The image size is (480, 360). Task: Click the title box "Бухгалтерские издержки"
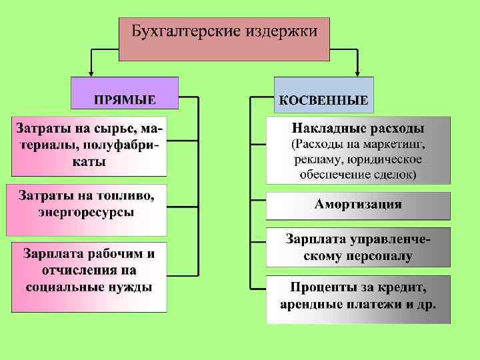click(x=224, y=39)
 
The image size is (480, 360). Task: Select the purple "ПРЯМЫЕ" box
click(x=125, y=93)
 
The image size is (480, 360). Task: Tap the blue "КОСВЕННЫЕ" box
click(x=324, y=94)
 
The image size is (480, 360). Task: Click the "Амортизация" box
click(x=358, y=205)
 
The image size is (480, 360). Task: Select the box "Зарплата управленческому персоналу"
click(x=358, y=247)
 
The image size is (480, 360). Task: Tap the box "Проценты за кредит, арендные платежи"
click(x=358, y=297)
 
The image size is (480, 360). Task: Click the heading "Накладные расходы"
click(x=358, y=128)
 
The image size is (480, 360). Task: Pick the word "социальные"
click(x=67, y=287)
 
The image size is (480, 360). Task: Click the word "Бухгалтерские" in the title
click(x=177, y=31)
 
